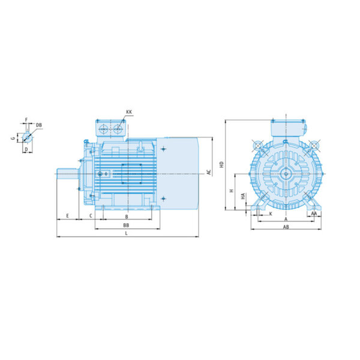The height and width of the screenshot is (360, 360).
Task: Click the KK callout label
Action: [129, 112]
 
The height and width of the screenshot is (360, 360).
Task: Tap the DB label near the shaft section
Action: [39, 125]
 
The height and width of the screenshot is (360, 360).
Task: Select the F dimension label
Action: [26, 119]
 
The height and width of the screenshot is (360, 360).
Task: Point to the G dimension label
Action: [13, 138]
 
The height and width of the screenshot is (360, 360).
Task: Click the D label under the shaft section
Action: [26, 149]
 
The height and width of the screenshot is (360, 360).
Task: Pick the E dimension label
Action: [67, 216]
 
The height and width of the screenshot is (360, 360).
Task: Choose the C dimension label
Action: [91, 216]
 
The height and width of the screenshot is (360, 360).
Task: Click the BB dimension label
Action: [126, 226]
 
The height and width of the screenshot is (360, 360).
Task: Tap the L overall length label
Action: [126, 233]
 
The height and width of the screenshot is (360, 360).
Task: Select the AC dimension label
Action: [209, 172]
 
